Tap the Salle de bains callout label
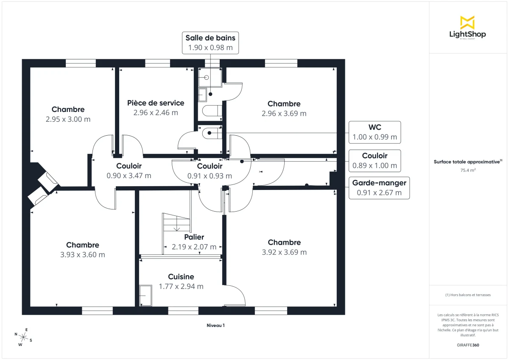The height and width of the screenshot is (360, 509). click(x=210, y=42)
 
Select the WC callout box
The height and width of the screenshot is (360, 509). click(x=375, y=132)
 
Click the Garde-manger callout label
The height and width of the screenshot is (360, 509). click(x=379, y=188)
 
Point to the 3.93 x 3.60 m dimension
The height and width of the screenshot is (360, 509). click(x=83, y=255)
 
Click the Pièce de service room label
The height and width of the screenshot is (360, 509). click(x=156, y=103)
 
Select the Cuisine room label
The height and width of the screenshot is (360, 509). click(x=181, y=276)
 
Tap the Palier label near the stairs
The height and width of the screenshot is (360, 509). click(x=194, y=237)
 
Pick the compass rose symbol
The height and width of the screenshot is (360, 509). click(x=23, y=337)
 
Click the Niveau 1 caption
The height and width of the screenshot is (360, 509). click(x=215, y=326)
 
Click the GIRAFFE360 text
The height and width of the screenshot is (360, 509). click(x=468, y=345)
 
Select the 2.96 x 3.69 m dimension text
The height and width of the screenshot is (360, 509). click(x=284, y=114)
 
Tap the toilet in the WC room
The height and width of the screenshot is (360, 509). click(x=211, y=134)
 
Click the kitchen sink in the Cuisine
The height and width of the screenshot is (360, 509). click(x=145, y=295)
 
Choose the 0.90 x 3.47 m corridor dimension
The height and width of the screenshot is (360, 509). click(x=129, y=176)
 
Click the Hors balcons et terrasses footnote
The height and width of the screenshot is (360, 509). click(x=468, y=295)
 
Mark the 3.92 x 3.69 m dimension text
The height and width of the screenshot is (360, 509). click(x=284, y=252)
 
